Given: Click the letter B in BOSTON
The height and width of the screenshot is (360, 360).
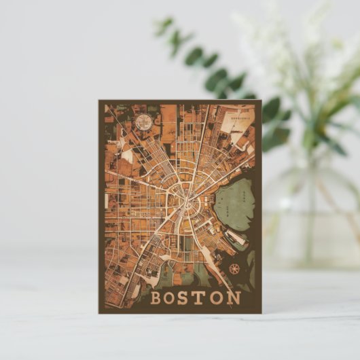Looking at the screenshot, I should (156, 298).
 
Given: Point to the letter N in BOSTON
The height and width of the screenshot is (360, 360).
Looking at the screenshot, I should (234, 298).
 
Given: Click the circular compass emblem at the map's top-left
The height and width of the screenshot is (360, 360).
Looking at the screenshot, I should (143, 122).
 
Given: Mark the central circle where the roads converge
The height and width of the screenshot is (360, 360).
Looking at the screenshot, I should (186, 196).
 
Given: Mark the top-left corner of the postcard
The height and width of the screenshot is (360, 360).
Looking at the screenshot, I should (98, 101).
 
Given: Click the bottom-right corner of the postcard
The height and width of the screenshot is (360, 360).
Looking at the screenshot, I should (262, 313).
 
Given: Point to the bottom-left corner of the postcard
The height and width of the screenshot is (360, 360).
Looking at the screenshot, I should (98, 313).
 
